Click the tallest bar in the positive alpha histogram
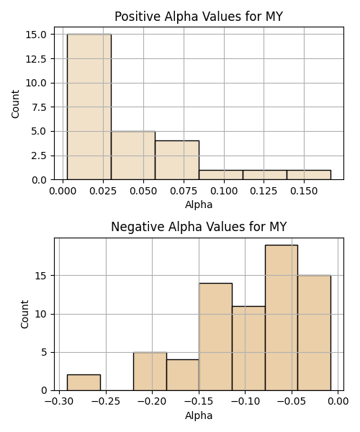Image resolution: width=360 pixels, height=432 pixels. point(89,107)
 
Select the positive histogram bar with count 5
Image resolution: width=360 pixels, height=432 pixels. point(133,156)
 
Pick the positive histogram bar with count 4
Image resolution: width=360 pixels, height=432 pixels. point(177,161)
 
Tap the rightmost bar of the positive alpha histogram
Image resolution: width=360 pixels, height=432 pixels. point(309,175)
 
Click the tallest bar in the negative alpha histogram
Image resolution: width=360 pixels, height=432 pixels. point(282,318)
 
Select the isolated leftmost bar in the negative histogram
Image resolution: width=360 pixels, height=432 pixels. point(84,383)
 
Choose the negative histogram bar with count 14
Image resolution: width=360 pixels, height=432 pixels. point(216,337)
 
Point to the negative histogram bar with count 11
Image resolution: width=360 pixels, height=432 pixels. point(248,348)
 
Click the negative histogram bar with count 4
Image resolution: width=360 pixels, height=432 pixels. point(183,375)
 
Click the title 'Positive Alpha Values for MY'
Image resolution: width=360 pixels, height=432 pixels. point(199,17)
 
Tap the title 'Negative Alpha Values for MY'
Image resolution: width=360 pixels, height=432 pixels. point(199,227)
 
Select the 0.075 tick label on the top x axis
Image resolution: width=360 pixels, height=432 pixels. point(184,191)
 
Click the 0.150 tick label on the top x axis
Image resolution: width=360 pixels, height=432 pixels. point(304,191)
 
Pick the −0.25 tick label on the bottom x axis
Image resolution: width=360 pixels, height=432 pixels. point(106,402)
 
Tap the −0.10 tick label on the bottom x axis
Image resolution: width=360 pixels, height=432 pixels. point(246,402)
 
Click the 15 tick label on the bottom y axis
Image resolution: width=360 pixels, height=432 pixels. point(41,276)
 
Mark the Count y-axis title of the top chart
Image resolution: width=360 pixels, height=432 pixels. point(15,104)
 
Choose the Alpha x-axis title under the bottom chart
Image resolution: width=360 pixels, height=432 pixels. point(199,415)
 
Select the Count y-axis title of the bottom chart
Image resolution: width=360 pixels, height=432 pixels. point(24,315)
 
